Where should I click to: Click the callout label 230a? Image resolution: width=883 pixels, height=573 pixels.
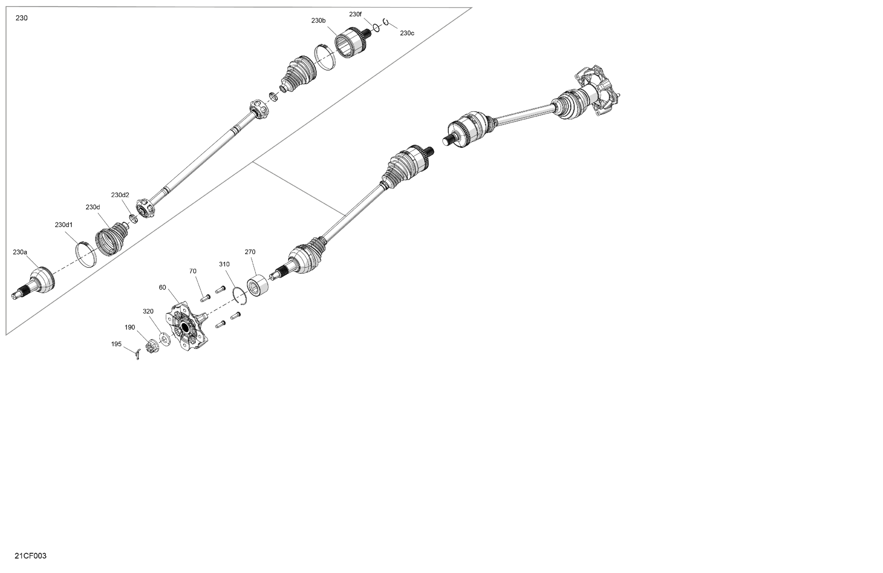20,252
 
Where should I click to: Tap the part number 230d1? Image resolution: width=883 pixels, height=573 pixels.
64,225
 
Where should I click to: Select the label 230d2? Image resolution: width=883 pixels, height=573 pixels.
120,195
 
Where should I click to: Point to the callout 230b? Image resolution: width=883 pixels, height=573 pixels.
318,21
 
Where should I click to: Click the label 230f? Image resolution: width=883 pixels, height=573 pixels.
355,14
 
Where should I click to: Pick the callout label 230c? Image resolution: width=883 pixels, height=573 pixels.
407,33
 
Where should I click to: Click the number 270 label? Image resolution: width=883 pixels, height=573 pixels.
250,252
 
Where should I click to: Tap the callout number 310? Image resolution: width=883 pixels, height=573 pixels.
224,264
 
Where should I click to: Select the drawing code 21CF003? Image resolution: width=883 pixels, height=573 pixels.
30,556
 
